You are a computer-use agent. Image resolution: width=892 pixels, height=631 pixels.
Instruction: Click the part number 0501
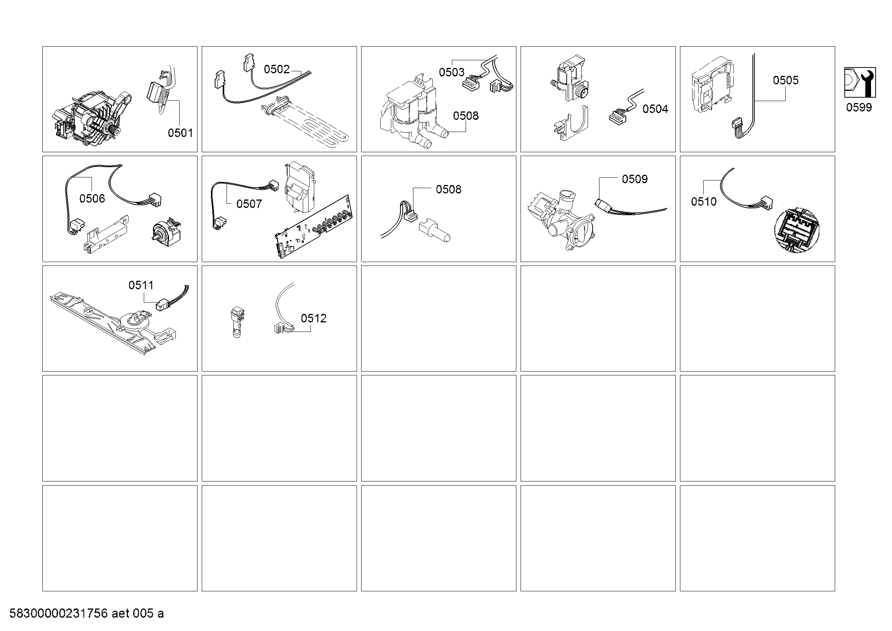[180, 133]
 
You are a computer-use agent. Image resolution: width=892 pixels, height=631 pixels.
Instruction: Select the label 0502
[276, 69]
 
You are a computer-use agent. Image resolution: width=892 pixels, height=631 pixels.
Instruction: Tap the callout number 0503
[452, 72]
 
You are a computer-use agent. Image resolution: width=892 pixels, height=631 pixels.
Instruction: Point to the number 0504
[656, 109]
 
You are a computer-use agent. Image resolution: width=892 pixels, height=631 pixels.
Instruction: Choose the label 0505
[786, 80]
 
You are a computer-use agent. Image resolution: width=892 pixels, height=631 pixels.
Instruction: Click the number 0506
[92, 199]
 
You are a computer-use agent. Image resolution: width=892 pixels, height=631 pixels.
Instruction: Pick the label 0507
[249, 204]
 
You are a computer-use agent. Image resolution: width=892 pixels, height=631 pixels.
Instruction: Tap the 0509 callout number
[635, 179]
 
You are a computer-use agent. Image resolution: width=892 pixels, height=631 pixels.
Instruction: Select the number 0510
[704, 202]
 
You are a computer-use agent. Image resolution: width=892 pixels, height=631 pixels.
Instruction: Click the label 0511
[141, 286]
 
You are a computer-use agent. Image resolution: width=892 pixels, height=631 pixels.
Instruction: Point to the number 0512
[313, 319]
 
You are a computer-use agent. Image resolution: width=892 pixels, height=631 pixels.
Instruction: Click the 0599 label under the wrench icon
[859, 108]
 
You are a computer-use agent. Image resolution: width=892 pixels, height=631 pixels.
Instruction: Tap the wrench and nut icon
[860, 83]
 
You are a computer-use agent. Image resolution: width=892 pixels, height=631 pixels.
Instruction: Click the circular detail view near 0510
[796, 230]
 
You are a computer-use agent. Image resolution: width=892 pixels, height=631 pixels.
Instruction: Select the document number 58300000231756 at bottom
[58, 613]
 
